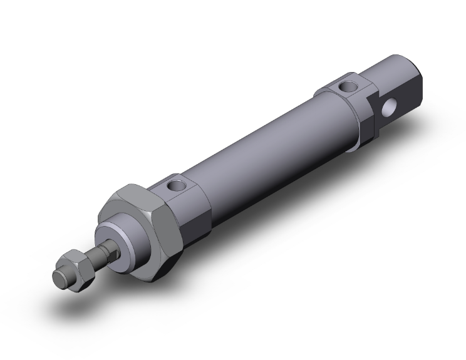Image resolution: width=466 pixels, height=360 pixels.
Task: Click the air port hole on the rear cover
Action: coord(346,86)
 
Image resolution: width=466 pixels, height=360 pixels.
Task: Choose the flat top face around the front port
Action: coord(182,182)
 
